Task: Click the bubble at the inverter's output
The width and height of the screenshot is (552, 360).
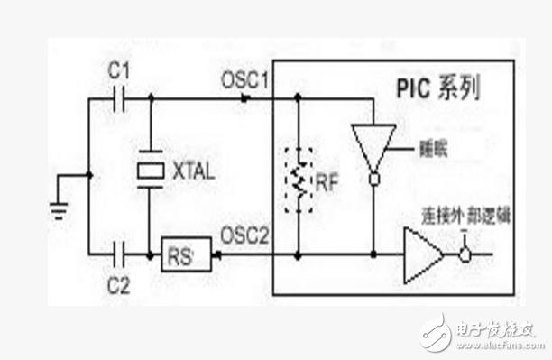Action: coord(371,180)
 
